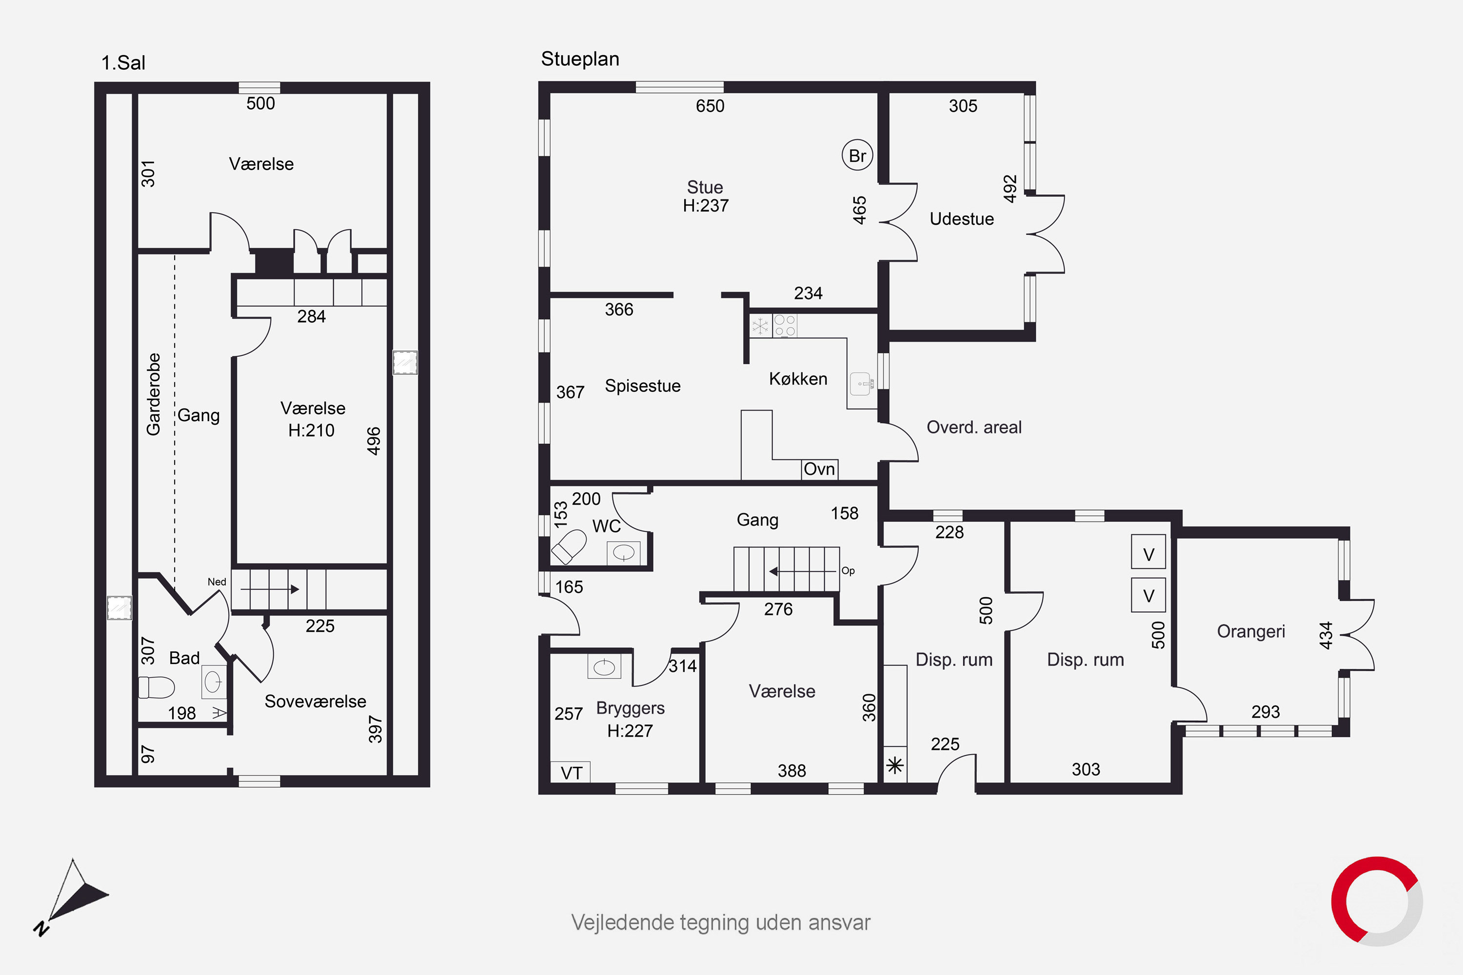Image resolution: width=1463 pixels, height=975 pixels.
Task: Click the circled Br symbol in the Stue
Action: pyautogui.click(x=857, y=156)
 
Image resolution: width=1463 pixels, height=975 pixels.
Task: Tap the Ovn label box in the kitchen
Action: pyautogui.click(x=819, y=469)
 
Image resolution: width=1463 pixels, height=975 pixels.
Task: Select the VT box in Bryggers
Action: pyautogui.click(x=571, y=772)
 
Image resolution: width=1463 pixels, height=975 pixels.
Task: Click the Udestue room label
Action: pyautogui.click(x=962, y=219)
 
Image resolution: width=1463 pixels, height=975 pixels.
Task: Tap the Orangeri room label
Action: pyautogui.click(x=1251, y=632)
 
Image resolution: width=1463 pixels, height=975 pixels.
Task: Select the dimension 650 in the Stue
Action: pyautogui.click(x=710, y=106)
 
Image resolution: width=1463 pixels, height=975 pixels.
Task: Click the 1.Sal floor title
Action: pyautogui.click(x=123, y=63)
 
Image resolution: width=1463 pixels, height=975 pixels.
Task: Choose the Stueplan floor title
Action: pyautogui.click(x=580, y=59)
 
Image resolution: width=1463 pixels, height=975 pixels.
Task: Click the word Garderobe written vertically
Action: pyautogui.click(x=153, y=394)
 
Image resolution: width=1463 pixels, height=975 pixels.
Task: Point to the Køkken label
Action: pyautogui.click(x=798, y=379)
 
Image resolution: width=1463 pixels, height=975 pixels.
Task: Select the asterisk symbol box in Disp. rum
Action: pyautogui.click(x=895, y=765)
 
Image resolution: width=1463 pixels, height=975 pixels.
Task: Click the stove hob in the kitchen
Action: pyautogui.click(x=784, y=326)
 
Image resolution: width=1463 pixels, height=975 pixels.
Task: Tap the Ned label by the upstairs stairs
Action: pyautogui.click(x=217, y=582)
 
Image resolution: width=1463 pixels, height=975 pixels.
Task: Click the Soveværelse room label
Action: pyautogui.click(x=316, y=702)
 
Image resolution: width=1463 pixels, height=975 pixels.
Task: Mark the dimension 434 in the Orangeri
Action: pyautogui.click(x=1325, y=636)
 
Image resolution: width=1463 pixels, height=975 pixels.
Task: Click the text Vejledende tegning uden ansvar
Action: pyautogui.click(x=721, y=923)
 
